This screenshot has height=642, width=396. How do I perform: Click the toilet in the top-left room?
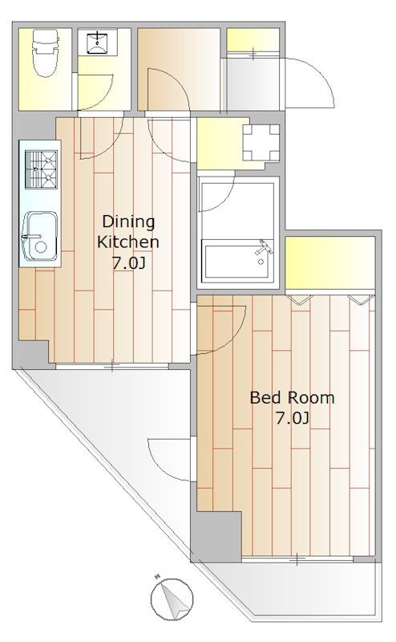[x=46, y=53]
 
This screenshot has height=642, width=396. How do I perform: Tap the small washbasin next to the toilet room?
[x=98, y=43]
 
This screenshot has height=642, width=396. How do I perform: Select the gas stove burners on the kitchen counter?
[x=41, y=169]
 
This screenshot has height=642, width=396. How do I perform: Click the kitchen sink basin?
[x=39, y=237]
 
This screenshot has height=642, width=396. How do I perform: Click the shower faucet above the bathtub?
[x=264, y=248]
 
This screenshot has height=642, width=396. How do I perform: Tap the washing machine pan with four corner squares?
[x=261, y=143]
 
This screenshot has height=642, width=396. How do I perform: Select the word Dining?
[x=128, y=221]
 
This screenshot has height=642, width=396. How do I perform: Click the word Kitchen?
[x=128, y=242]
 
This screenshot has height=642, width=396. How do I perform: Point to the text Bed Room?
[x=292, y=397]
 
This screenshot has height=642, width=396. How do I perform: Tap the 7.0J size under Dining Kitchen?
[x=129, y=263]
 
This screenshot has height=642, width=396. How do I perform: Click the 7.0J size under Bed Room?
[x=292, y=418]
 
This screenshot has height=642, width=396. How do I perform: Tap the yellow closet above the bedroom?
[x=329, y=263]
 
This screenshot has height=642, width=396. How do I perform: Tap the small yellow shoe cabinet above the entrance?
[x=253, y=40]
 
